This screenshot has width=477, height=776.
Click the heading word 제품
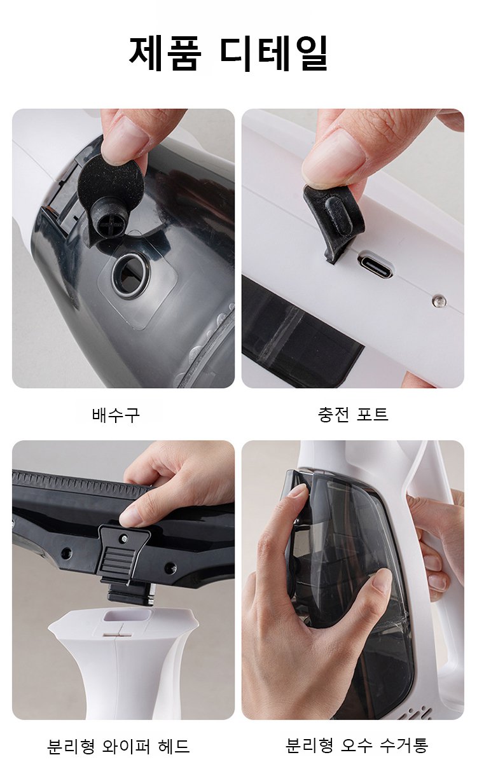tap(165, 53)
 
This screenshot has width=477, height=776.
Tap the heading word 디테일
tap(274, 53)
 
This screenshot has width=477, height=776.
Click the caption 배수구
tap(116, 414)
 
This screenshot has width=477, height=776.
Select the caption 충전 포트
tap(352, 414)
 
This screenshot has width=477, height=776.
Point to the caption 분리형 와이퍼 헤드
tap(118, 746)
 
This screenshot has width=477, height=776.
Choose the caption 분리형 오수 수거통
tap(357, 745)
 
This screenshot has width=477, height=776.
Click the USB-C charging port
tap(376, 268)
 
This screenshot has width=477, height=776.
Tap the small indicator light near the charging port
tap(439, 301)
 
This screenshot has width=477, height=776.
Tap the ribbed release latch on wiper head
tap(118, 562)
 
